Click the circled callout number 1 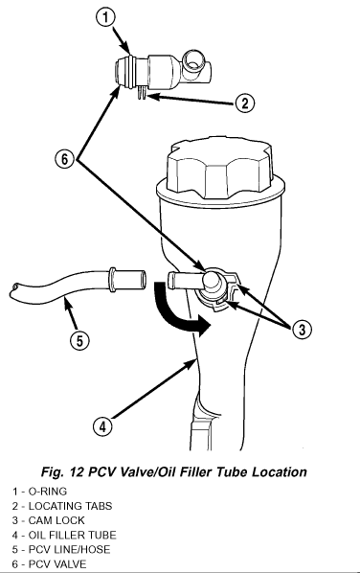[105, 17]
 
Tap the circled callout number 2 [244, 103]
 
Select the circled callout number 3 [302, 330]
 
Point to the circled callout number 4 [102, 426]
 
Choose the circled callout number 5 [80, 340]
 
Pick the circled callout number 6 [64, 159]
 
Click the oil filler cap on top [220, 168]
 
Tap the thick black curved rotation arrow [178, 310]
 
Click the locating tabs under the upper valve [142, 92]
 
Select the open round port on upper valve [193, 60]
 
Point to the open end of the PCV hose [143, 280]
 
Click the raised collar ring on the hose [111, 280]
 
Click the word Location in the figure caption [280, 471]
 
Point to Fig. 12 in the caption [63, 472]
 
